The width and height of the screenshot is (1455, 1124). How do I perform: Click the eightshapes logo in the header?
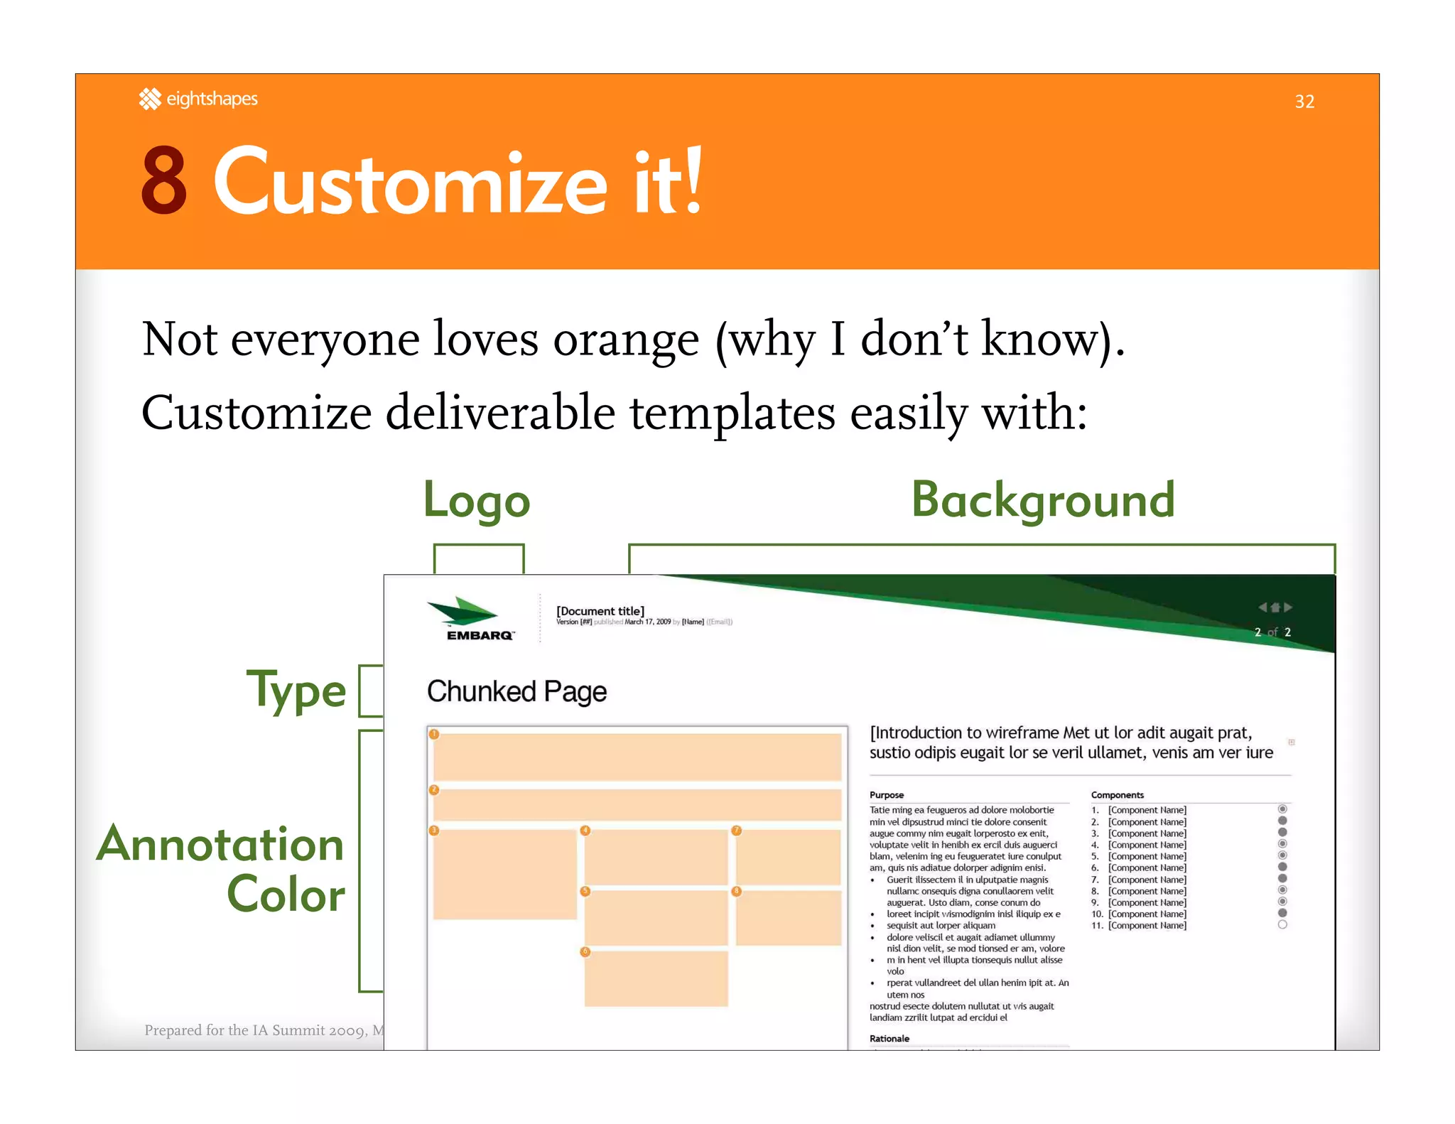pyautogui.click(x=198, y=99)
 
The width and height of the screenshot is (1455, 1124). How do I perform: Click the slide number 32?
pyautogui.click(x=1304, y=102)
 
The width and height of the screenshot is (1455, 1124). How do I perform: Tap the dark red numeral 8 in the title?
pyautogui.click(x=164, y=181)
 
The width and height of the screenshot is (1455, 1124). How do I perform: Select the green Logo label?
pyautogui.click(x=477, y=500)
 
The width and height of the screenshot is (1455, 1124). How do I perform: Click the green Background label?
pyautogui.click(x=1042, y=500)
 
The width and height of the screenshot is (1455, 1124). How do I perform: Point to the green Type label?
pyautogui.click(x=296, y=690)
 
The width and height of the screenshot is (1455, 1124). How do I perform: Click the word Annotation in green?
pyautogui.click(x=220, y=844)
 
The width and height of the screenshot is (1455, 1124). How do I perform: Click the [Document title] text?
pyautogui.click(x=600, y=611)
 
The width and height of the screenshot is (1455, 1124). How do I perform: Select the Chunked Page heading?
pyautogui.click(x=516, y=691)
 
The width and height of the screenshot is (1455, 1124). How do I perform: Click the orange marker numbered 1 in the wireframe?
pyautogui.click(x=434, y=735)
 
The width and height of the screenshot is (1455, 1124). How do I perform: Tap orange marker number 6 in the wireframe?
pyautogui.click(x=585, y=951)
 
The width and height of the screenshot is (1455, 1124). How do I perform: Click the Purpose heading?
pyautogui.click(x=886, y=795)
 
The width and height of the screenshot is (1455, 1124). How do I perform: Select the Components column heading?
pyautogui.click(x=1117, y=795)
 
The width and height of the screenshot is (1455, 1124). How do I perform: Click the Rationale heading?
pyautogui.click(x=889, y=1039)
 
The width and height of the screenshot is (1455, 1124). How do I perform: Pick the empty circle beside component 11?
pyautogui.click(x=1282, y=925)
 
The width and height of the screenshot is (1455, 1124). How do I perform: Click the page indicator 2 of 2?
pyautogui.click(x=1272, y=632)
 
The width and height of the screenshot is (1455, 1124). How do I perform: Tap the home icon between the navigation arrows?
pyautogui.click(x=1275, y=607)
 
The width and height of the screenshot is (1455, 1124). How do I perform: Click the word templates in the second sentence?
pyautogui.click(x=732, y=414)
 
